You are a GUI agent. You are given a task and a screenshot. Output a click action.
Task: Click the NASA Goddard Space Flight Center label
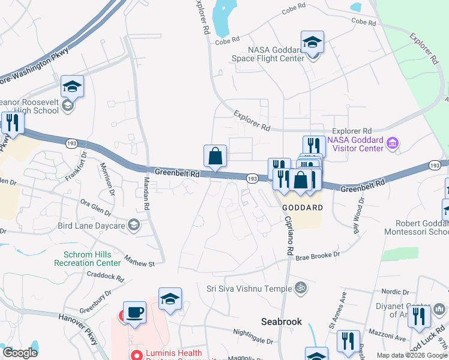tap(276, 54)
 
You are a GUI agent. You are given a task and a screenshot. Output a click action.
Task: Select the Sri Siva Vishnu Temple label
tap(251, 287)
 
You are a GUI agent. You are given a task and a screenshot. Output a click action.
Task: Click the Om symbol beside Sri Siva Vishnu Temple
tap(302, 287)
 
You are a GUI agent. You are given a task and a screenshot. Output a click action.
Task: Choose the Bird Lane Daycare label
tap(91, 226)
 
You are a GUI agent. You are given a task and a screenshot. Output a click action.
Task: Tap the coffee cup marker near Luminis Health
tap(134, 313)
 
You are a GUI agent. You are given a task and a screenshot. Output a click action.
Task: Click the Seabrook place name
tap(282, 322)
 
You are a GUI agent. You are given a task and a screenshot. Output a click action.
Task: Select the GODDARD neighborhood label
tap(303, 207)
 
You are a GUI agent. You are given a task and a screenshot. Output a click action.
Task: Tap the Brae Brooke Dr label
tap(318, 256)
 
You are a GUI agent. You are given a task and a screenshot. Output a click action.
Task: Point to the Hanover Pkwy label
tap(78, 325)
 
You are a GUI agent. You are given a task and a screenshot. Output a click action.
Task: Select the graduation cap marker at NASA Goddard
tap(312, 42)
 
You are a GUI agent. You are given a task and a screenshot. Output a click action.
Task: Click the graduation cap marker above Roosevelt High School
tap(72, 86)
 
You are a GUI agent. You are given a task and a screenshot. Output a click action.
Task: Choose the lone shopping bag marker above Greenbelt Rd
tap(215, 156)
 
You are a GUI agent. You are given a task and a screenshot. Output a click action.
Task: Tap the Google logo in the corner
tap(20, 353)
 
